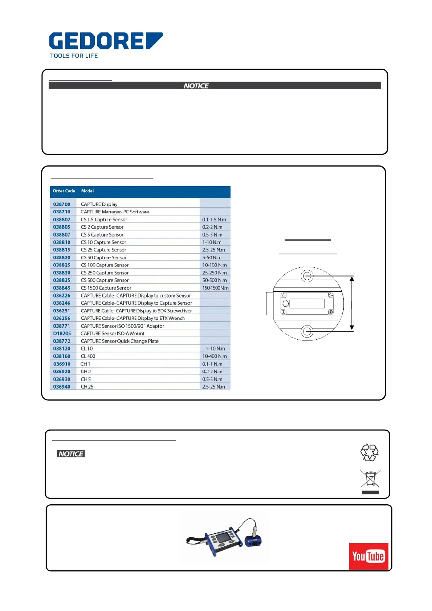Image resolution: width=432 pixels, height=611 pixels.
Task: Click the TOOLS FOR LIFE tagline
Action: click(74, 56)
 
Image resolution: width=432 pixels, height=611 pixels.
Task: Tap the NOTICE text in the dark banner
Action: click(196, 86)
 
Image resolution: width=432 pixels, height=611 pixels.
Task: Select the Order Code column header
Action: click(64, 191)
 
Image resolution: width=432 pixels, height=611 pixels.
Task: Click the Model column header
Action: click(87, 191)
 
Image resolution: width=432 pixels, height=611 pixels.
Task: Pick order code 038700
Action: click(62, 204)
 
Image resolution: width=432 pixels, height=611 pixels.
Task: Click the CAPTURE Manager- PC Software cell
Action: click(115, 212)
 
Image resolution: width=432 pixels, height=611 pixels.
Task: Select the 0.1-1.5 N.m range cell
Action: click(214, 220)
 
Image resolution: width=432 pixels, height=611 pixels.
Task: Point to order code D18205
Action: click(62, 333)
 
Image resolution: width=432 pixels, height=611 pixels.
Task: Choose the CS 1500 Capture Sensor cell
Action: click(106, 288)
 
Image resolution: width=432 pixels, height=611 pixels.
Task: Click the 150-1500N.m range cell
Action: click(215, 288)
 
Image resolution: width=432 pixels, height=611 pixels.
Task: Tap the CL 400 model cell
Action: click(88, 356)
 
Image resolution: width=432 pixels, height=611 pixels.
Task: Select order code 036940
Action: click(62, 387)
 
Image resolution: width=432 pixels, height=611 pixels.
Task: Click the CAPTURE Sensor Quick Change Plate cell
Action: click(119, 341)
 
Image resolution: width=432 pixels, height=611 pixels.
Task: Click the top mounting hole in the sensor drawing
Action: click(307, 276)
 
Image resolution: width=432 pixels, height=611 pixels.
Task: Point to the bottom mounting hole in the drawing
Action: click(307, 331)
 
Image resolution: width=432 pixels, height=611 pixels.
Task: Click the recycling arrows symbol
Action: click(370, 452)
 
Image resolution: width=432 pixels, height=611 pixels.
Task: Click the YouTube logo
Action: click(368, 556)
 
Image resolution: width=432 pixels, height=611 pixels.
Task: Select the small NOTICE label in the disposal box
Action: click(71, 454)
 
